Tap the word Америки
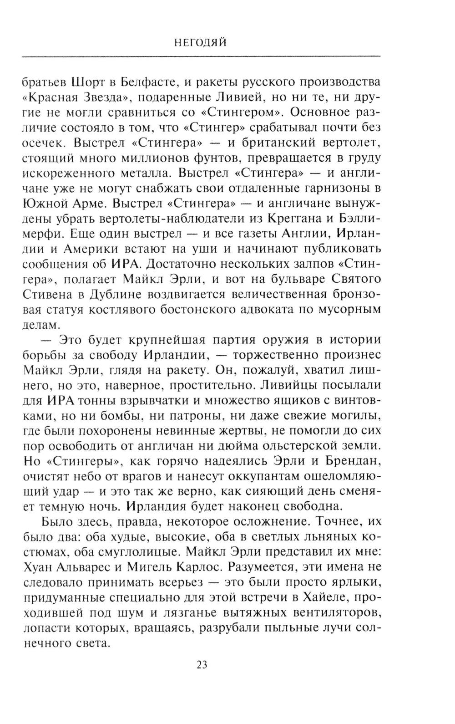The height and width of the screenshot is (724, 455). coord(90,249)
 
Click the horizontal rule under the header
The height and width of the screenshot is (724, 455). coord(201,56)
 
